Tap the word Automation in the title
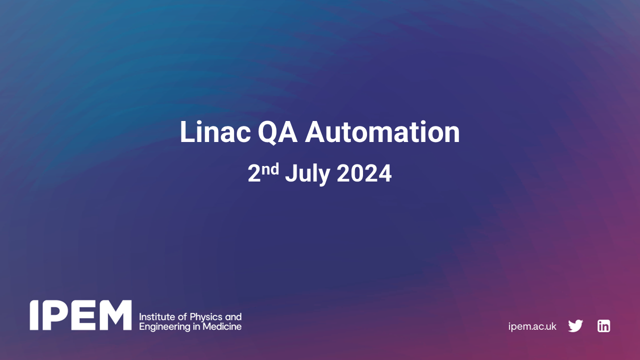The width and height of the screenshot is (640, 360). click(x=382, y=132)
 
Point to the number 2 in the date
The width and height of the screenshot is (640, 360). click(x=254, y=174)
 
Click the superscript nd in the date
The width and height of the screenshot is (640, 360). click(x=270, y=169)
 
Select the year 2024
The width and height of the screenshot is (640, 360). click(x=364, y=174)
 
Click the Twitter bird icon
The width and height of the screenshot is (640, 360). click(x=575, y=326)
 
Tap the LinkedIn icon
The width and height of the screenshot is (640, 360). click(x=603, y=326)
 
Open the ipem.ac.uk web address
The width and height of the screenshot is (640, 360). click(x=532, y=326)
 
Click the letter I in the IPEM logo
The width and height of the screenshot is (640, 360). click(x=34, y=315)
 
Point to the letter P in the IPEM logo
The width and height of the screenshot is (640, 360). click(x=52, y=315)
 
